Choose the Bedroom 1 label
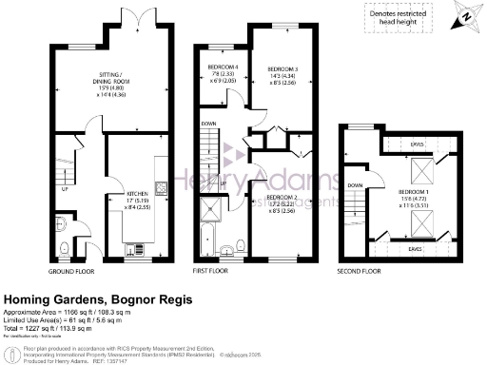(x=415, y=198)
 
